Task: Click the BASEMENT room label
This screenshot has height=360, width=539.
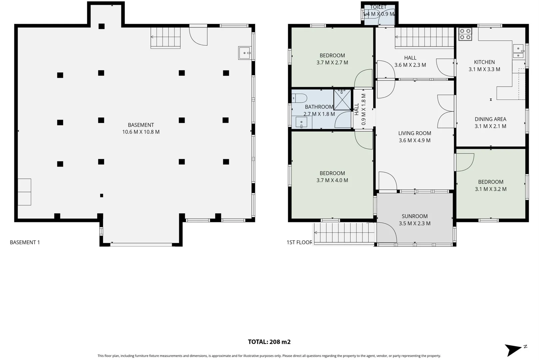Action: click(x=141, y=125)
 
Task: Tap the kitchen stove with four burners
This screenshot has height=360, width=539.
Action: click(x=465, y=34)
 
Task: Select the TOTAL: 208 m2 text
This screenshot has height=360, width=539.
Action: click(x=269, y=342)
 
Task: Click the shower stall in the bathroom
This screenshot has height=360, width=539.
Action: click(x=342, y=99)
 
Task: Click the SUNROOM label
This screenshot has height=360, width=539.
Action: click(x=414, y=216)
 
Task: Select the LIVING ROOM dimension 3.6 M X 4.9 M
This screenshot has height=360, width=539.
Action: click(x=414, y=140)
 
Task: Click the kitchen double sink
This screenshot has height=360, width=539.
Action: click(x=518, y=51)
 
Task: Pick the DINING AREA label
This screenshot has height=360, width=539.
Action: click(x=490, y=119)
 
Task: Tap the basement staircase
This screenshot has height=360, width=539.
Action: click(x=166, y=37)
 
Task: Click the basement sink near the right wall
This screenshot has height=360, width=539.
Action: click(x=245, y=53)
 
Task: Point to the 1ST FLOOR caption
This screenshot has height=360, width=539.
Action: click(x=299, y=242)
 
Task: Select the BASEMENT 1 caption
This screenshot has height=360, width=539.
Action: click(x=25, y=242)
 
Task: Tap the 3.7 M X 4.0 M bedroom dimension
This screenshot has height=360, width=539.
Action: click(x=332, y=180)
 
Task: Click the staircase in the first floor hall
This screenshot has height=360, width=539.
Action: click(x=424, y=37)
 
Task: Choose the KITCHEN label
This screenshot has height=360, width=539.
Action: click(x=484, y=62)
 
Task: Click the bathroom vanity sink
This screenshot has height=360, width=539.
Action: click(x=301, y=122)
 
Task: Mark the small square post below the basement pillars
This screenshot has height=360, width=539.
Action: click(x=102, y=196)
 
